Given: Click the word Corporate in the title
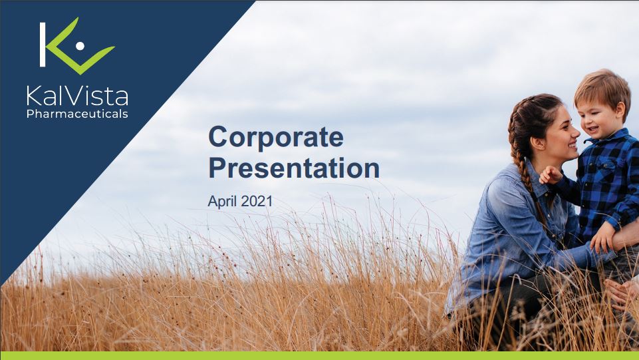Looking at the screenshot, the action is coord(276,137).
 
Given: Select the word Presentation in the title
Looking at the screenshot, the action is coord(294,168).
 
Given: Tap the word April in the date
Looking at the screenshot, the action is coord(223,202).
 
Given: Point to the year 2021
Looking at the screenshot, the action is coord(257,201).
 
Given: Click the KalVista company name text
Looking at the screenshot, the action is coord(77,96).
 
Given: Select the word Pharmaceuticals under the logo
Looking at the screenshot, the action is coord(77,113).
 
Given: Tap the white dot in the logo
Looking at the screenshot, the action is coord(80,46).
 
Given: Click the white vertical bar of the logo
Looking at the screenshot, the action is coord(43,45).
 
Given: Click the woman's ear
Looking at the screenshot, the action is coord(538,142).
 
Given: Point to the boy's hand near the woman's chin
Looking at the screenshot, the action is coord(550,175).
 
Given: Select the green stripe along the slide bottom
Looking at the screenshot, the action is coord(319,355).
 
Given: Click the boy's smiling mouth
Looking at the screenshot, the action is coord(592,130).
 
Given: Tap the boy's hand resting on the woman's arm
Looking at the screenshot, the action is coord(602,238).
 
